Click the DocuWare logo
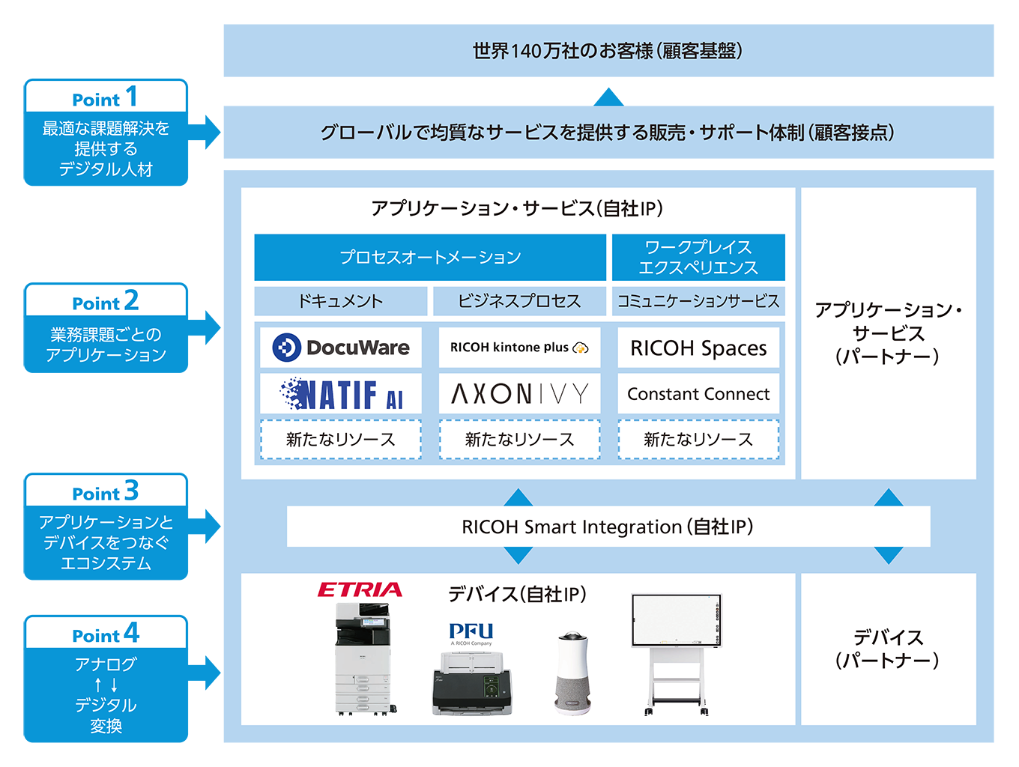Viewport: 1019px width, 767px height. tap(341, 348)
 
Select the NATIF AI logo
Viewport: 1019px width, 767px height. tap(342, 394)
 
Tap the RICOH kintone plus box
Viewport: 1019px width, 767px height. tap(519, 348)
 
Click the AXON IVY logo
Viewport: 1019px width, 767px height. tap(519, 394)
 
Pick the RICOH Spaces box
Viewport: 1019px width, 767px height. tap(698, 348)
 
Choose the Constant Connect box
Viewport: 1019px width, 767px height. tap(698, 394)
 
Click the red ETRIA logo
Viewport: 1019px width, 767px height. tap(360, 590)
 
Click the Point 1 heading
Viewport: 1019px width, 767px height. tap(106, 97)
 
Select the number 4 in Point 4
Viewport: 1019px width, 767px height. tap(132, 634)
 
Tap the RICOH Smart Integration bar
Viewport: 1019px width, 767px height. tap(608, 527)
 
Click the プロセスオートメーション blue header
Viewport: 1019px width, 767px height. tap(430, 257)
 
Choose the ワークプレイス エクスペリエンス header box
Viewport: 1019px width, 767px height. tap(698, 257)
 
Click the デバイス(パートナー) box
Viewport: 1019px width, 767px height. tap(888, 649)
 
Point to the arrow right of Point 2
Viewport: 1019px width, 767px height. tap(205, 327)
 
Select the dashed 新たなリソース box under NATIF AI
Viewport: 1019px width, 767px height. tap(340, 440)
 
